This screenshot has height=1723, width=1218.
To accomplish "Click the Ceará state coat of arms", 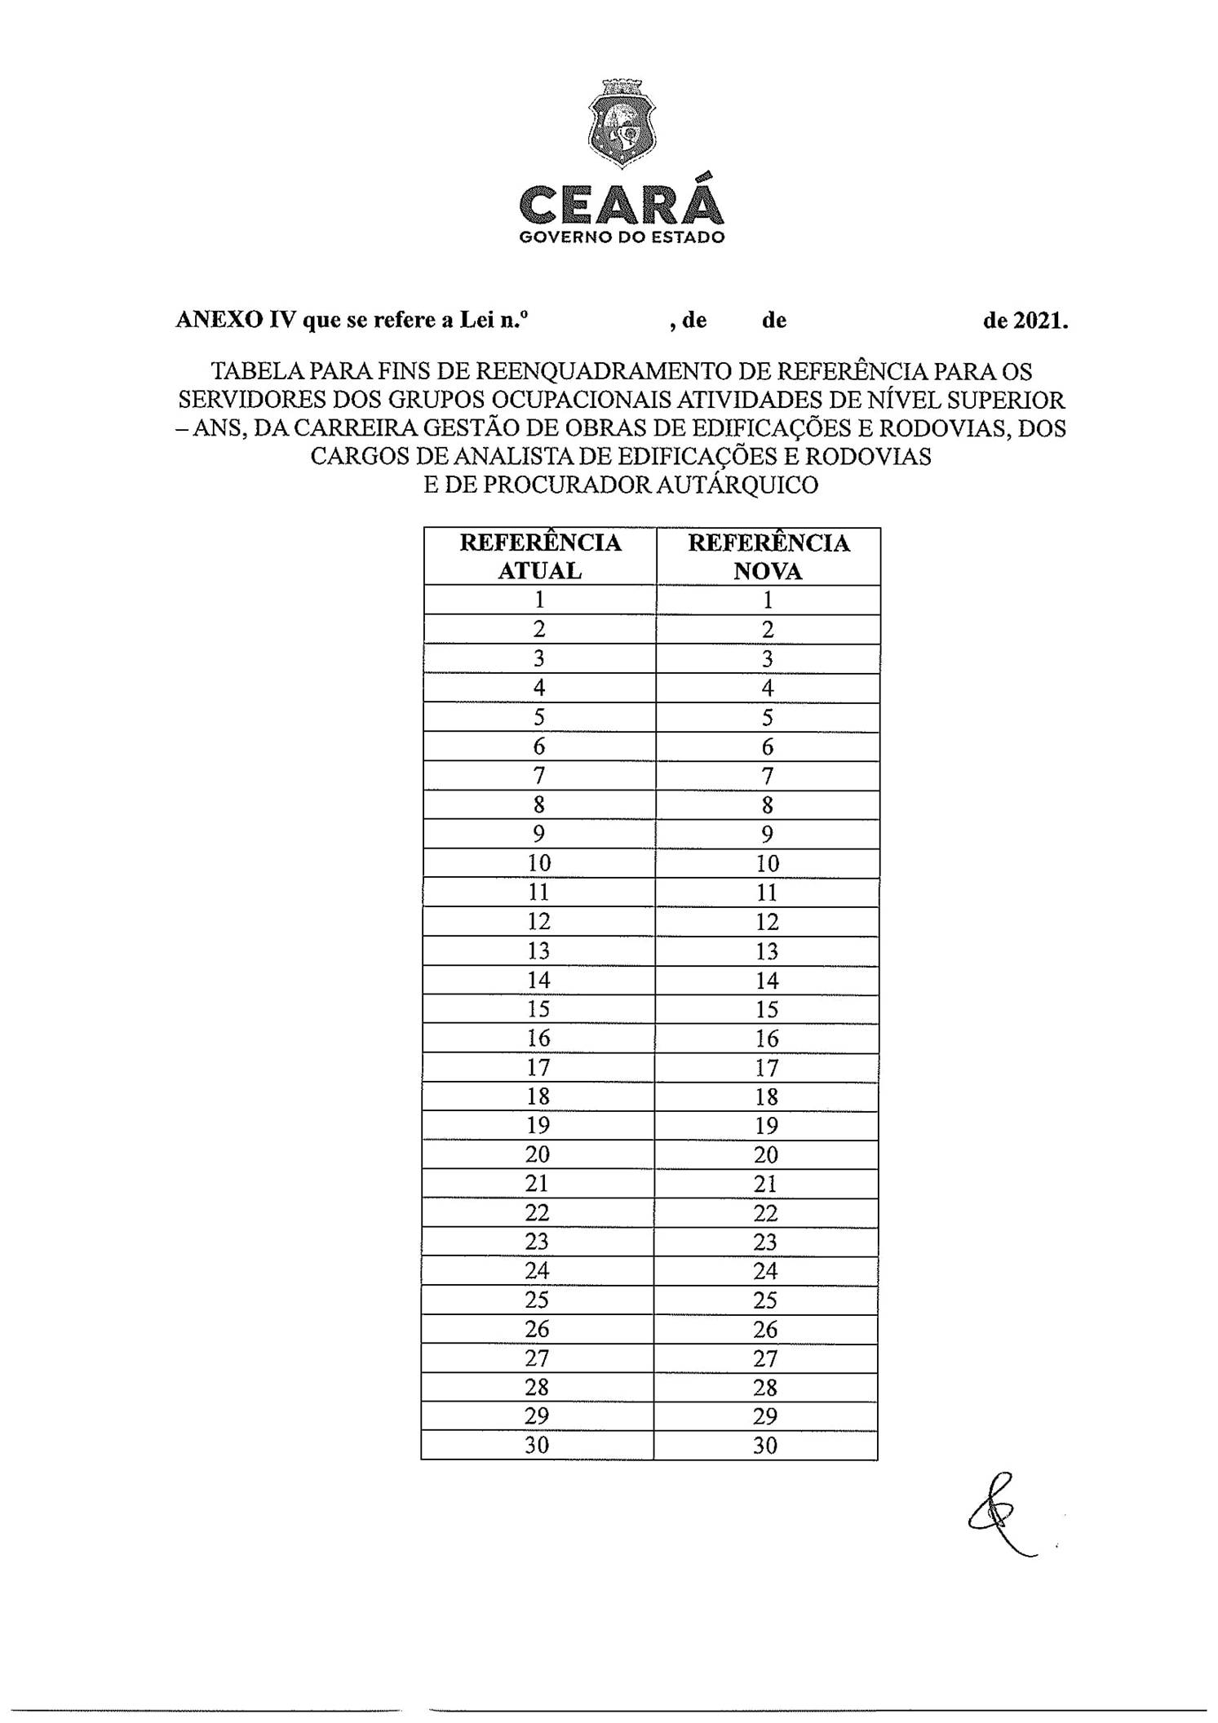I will point(622,125).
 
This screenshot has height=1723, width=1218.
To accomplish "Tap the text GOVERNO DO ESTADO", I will point(622,237).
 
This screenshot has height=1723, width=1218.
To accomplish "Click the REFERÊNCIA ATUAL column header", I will point(540,556).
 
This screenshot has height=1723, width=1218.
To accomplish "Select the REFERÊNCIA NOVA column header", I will point(768,556).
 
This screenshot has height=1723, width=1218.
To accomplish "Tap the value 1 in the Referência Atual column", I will point(539,600).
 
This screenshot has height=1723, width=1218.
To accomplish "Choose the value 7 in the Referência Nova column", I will point(767,776).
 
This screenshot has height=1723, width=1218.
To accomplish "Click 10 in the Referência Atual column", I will point(539,863).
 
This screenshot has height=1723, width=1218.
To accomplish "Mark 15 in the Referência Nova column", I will point(767,1009).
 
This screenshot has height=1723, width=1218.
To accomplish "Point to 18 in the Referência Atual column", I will point(538,1096).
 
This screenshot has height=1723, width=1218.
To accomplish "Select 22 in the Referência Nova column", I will point(766,1213).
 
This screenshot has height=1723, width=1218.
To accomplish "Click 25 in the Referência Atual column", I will point(538,1300).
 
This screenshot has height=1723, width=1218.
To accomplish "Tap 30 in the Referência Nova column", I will point(765,1446).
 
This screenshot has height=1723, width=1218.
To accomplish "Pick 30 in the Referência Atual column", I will point(537,1445).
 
